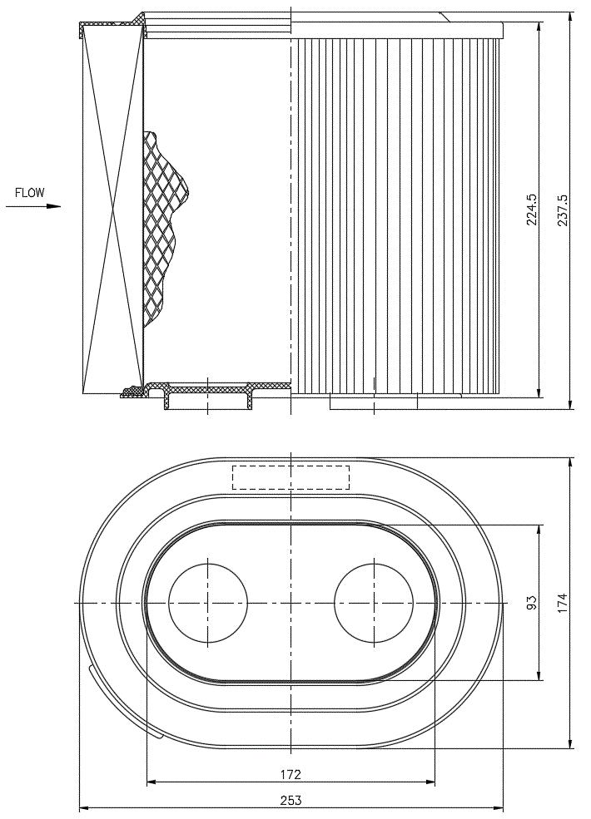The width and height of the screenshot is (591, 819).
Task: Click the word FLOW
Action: point(30,193)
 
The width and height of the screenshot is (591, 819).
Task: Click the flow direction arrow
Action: point(33,206)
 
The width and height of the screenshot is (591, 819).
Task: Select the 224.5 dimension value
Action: point(532,209)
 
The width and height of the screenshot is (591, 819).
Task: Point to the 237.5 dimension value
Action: point(564,210)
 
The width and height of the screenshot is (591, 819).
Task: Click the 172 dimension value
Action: point(291,774)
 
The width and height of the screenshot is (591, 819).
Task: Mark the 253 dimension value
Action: point(291,800)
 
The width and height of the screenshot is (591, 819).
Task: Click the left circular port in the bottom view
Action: point(207,603)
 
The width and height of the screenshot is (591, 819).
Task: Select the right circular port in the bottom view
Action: point(374,603)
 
